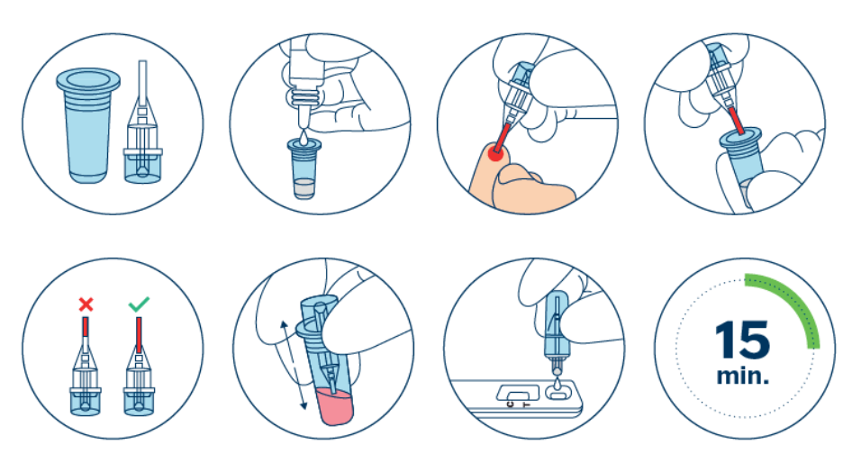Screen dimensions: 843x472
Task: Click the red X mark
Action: pos(86,304)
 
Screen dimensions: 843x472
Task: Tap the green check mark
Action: pos(139,304)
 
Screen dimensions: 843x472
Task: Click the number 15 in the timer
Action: pos(742,340)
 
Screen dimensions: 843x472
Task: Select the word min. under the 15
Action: pos(742,376)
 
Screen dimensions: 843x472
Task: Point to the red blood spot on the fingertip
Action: pos(495,154)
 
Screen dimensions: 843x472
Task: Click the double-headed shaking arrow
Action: pos(295,365)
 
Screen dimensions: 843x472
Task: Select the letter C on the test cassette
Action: pos(510,404)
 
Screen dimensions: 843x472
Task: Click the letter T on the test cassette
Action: pos(527,404)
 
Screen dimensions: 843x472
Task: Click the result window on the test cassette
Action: pos(518,392)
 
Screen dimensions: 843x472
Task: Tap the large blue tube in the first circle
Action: pos(87,124)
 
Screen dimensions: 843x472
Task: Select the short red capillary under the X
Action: pos(86,327)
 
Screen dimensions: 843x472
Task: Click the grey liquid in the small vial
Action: pos(304,188)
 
